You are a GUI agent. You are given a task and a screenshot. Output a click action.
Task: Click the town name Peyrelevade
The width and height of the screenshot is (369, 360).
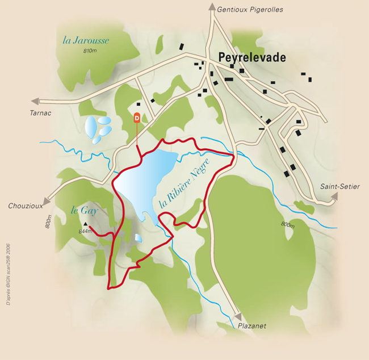(252, 58)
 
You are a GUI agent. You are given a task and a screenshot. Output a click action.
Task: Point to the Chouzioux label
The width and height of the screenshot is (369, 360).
(26, 206)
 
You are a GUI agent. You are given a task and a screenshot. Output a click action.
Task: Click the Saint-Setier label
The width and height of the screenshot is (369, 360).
(339, 186)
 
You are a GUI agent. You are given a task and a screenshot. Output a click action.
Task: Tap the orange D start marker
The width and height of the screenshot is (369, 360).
(136, 118)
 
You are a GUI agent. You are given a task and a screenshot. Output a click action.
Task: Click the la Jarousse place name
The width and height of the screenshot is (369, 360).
(86, 40)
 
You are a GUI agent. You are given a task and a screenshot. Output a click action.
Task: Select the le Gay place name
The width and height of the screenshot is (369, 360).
(85, 210)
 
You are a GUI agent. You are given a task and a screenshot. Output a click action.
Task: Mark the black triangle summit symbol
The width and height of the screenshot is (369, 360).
(86, 224)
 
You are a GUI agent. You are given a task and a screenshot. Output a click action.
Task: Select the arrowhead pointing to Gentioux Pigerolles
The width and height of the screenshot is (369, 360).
(212, 7)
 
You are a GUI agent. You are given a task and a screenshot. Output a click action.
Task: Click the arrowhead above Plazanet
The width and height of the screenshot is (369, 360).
(238, 316)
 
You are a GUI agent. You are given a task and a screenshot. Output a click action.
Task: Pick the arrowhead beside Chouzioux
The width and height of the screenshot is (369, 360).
(50, 199)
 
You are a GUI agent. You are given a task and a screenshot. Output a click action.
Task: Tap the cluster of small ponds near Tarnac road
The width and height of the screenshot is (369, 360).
(98, 127)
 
